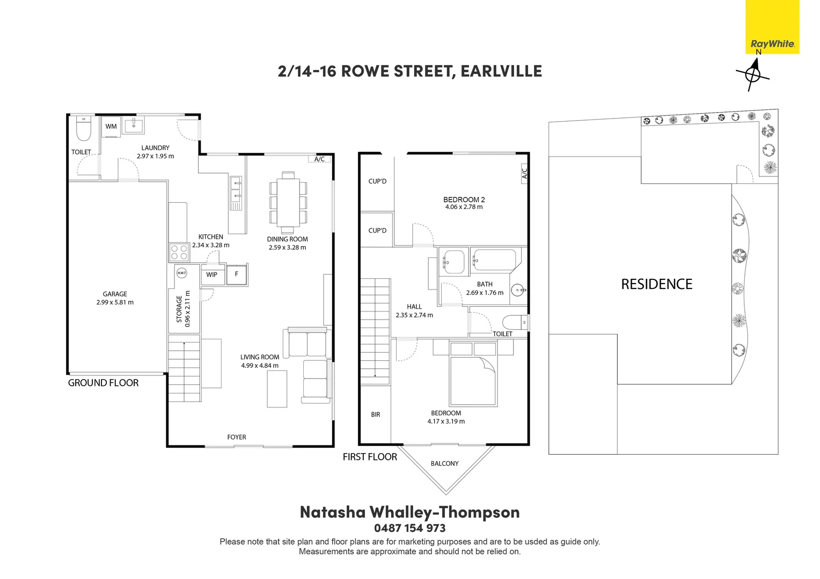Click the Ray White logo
tap(772, 27)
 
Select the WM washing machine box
tap(111, 127)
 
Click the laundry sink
tap(134, 126)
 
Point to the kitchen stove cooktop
tap(179, 253)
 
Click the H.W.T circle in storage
tap(181, 273)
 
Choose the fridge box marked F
tap(237, 274)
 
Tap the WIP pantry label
tap(211, 274)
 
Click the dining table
tap(288, 203)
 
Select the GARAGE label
tap(115, 294)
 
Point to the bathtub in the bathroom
tap(495, 260)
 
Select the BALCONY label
tap(444, 463)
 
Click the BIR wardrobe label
tap(376, 414)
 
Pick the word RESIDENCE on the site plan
tap(657, 284)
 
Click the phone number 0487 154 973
tap(409, 528)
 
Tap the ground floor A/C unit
tap(320, 159)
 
